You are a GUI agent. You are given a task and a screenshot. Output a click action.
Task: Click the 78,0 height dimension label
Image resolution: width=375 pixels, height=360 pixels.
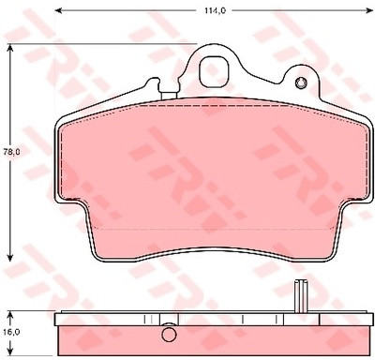coord(12,152)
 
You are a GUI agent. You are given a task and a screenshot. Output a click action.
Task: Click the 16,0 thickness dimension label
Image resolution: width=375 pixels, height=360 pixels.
coord(12,331)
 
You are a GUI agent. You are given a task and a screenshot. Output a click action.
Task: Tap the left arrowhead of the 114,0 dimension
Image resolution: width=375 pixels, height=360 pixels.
coord(57,10)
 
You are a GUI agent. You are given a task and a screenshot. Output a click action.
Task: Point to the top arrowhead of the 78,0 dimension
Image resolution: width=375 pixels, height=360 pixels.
coord(10,47)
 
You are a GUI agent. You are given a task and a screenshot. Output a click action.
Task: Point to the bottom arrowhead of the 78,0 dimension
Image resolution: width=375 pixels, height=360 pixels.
coord(10,258)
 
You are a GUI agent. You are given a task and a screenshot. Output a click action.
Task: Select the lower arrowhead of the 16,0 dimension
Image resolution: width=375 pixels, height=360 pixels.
coord(10,352)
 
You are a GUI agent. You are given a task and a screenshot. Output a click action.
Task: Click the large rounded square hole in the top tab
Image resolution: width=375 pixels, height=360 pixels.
coord(215,71)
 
